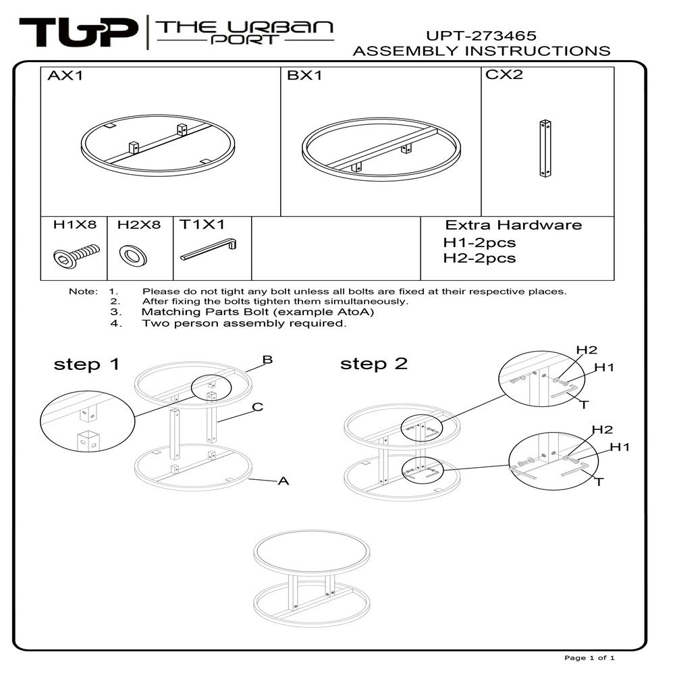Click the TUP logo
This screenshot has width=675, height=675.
(x=78, y=32)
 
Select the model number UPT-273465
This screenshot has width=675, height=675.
(x=481, y=35)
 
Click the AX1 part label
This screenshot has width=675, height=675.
(x=65, y=76)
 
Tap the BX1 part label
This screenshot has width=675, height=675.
(x=304, y=76)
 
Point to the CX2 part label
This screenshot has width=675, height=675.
(x=504, y=74)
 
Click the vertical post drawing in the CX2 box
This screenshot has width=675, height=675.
(x=545, y=148)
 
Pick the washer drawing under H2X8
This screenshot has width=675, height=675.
(x=133, y=256)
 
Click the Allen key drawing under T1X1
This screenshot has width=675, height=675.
(x=209, y=250)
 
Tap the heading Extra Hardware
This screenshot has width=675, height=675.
(x=513, y=225)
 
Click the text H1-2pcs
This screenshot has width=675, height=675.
(x=479, y=242)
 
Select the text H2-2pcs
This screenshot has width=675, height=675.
(x=479, y=258)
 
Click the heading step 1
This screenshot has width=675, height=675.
(x=86, y=364)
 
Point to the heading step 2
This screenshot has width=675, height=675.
(x=373, y=364)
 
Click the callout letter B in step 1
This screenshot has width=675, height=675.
(x=267, y=360)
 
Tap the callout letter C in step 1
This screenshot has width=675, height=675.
(x=257, y=407)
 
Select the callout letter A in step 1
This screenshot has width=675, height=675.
(x=283, y=481)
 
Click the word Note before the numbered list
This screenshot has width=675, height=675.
(x=83, y=292)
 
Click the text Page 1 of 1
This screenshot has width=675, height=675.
(x=589, y=657)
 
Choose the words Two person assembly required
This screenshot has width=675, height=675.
(x=244, y=323)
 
